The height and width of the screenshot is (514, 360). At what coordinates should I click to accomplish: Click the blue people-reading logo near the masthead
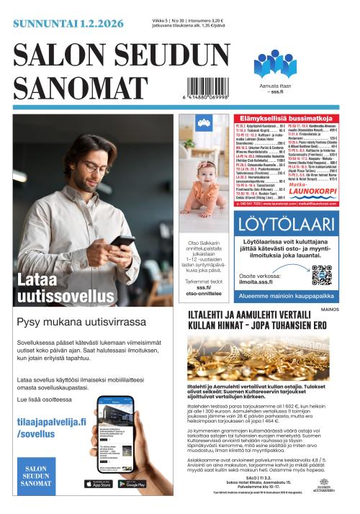point(274,64)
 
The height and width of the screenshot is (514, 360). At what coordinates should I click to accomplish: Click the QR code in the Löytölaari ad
point(321,275)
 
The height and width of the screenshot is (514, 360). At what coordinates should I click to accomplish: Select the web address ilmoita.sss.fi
point(269,281)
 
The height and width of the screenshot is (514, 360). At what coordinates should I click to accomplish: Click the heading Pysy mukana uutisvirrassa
point(81,321)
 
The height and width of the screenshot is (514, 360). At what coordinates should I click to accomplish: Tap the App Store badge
point(97,483)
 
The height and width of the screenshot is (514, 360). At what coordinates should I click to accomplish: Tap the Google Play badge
point(131,483)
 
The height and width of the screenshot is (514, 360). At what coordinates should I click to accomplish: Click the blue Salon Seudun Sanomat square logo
point(35,472)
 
